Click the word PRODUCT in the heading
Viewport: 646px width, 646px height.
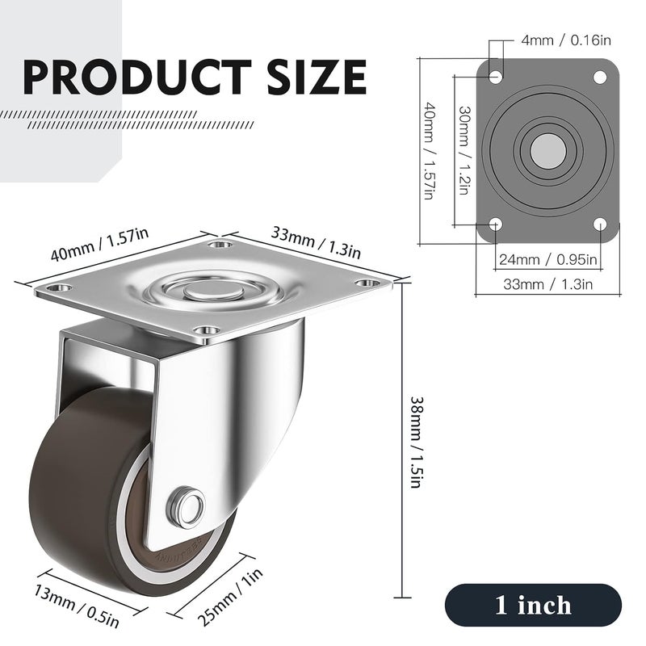136,77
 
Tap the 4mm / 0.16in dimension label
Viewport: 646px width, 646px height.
566,40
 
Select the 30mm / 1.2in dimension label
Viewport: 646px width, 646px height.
464,150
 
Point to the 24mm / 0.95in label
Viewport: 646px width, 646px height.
548,259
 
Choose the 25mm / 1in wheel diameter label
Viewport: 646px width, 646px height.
229,597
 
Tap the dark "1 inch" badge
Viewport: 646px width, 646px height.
533,605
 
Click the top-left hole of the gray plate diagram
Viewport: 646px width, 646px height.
496,77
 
